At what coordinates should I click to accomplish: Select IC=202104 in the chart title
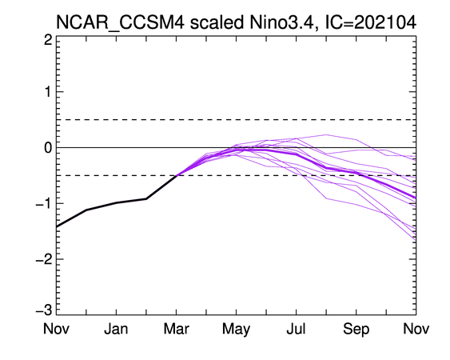(371, 22)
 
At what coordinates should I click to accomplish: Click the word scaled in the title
(217, 22)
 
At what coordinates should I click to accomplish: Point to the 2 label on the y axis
(48, 40)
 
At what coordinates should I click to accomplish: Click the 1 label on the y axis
(48, 92)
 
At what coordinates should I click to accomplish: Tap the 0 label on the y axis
(48, 148)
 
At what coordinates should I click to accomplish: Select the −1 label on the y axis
(44, 204)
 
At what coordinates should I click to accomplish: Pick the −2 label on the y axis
(44, 259)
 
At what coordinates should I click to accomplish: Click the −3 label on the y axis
(44, 310)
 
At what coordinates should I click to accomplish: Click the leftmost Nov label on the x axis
(56, 328)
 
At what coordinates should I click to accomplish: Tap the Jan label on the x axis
(116, 328)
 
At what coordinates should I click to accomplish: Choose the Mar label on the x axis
(176, 328)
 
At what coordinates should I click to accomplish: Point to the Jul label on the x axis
(296, 328)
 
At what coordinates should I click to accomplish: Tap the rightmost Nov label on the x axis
(416, 328)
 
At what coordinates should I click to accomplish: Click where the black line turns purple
(176, 175)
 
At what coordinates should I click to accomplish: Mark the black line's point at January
(116, 203)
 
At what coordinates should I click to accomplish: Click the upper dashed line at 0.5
(237, 119)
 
